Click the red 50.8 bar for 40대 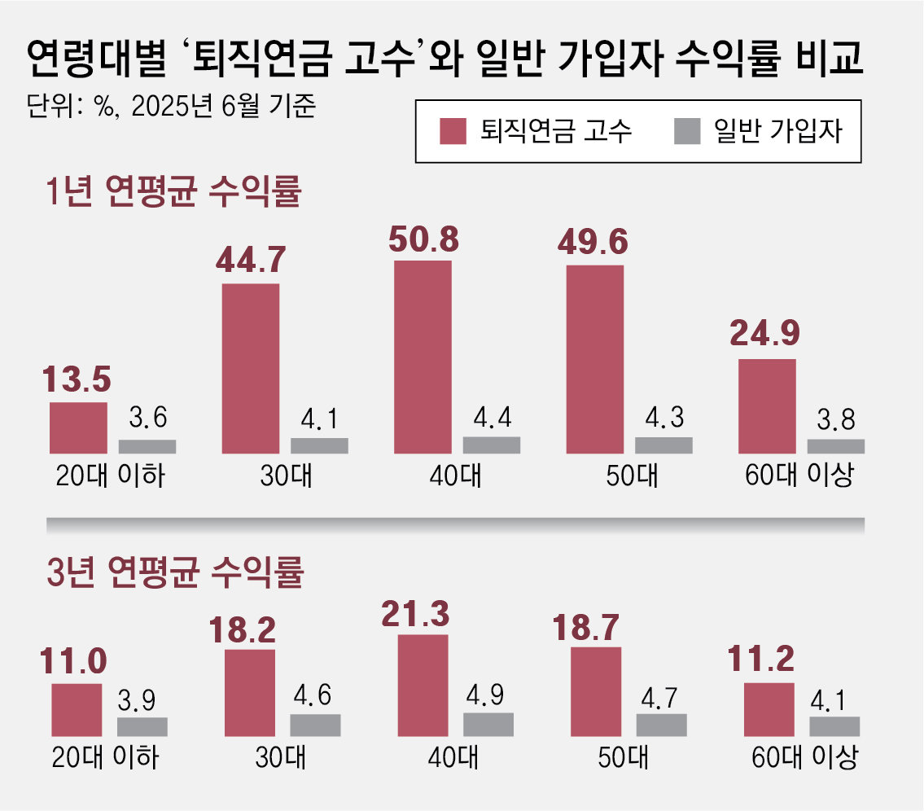tap(423, 357)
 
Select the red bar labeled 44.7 tap(250, 368)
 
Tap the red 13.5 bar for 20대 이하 tap(78, 427)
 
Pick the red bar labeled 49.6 tap(594, 359)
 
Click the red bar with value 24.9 tap(767, 405)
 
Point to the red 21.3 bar tap(423, 685)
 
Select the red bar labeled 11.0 tap(77, 709)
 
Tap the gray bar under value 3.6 tap(147, 446)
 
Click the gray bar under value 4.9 tap(488, 724)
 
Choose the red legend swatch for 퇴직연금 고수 tap(453, 131)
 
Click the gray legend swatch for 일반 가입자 tap(688, 131)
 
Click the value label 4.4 tap(492, 418)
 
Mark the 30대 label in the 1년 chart tap(284, 476)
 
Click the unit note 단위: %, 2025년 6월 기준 tap(170, 107)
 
